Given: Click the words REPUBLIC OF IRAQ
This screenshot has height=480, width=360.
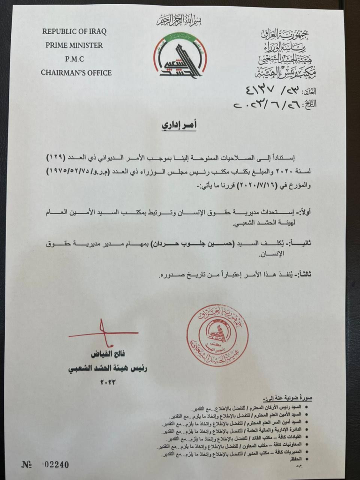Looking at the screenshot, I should (74, 32).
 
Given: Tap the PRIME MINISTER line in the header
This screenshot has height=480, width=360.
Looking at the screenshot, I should (74, 45).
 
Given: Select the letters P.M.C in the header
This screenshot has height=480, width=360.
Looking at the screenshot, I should (74, 59).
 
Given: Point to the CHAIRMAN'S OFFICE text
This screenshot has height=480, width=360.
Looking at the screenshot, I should (76, 73).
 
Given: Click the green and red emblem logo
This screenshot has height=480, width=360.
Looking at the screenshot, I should (180, 55).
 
